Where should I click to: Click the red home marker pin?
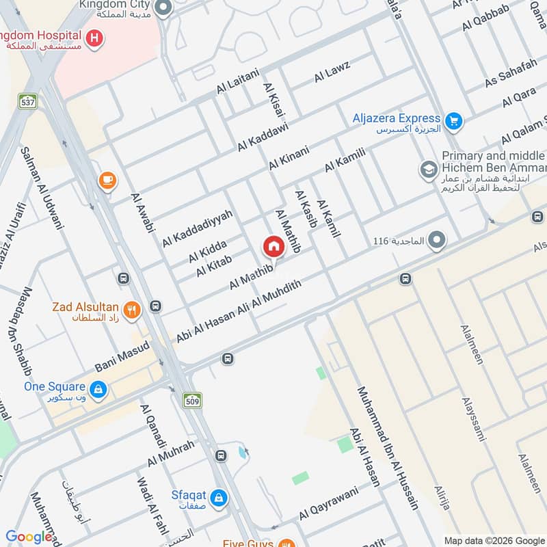pos(273,246)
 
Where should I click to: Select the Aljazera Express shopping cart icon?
pos(453,122)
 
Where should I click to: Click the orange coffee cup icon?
pos(107,181)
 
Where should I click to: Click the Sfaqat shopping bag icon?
pos(218,497)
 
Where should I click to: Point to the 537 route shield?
pos(28,101)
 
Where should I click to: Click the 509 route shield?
pos(193,399)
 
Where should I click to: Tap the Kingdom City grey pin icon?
pos(163,8)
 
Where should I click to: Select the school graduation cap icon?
pos(429,170)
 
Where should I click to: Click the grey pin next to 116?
pos(438,241)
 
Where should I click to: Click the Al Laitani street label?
pos(238,81)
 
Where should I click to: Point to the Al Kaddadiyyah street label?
pos(198,228)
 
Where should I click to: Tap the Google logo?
pos(29,537)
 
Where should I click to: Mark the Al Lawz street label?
pos(332,72)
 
